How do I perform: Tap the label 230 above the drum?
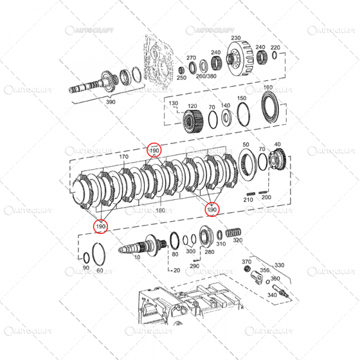[x=236, y=37]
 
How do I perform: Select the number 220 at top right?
[x=275, y=47]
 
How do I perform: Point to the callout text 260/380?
[x=206, y=76]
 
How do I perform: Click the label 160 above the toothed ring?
[x=268, y=88]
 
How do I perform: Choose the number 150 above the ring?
[x=242, y=98]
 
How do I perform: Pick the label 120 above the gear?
[x=192, y=106]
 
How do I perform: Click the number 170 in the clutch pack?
[x=124, y=157]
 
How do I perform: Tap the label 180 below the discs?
[x=160, y=211]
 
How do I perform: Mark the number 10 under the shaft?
[x=137, y=257]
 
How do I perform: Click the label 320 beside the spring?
[x=238, y=240]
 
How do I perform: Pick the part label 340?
[x=272, y=295]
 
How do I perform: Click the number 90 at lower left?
[x=86, y=268]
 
